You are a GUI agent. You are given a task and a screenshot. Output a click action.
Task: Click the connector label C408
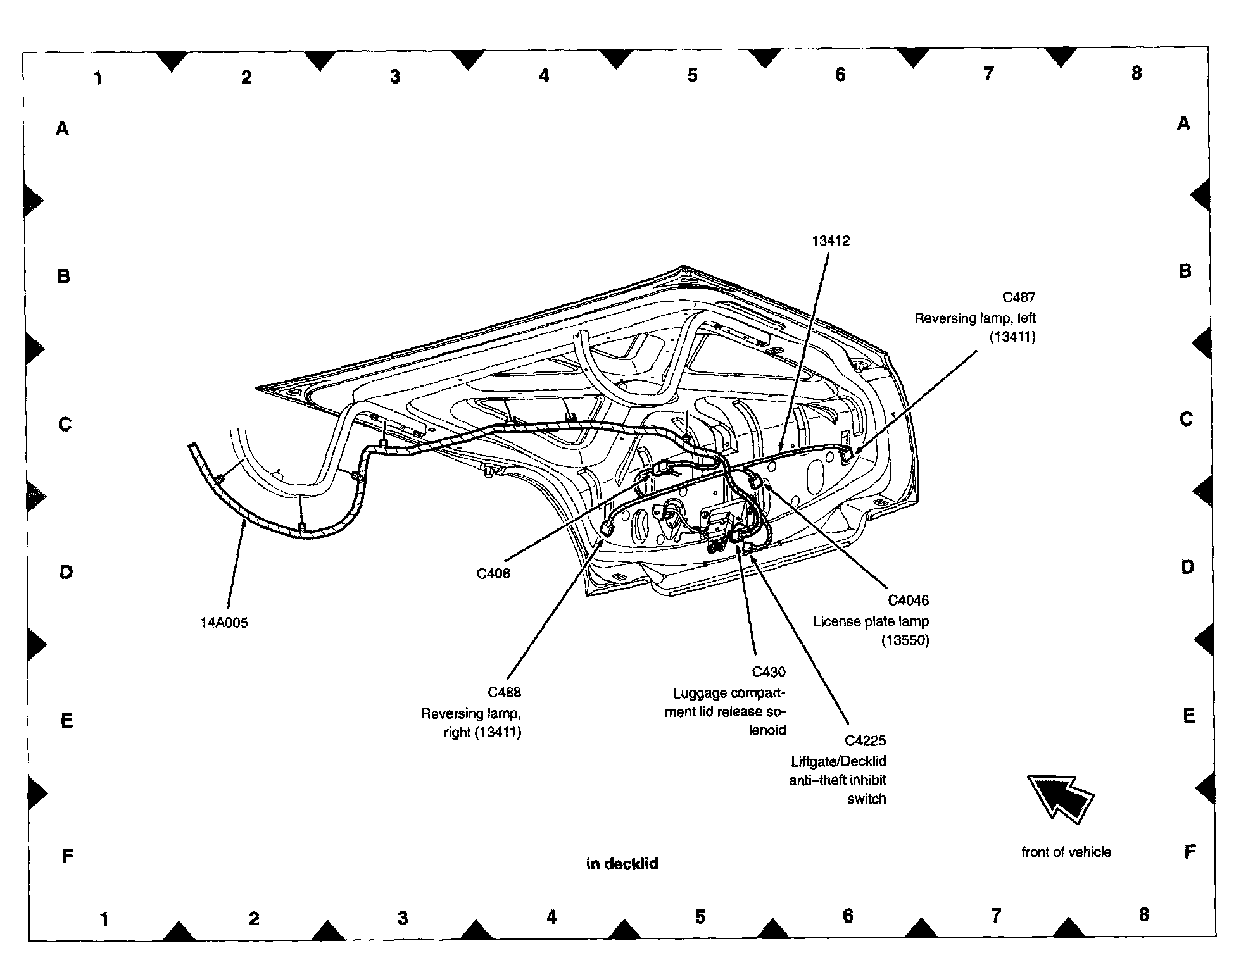493,574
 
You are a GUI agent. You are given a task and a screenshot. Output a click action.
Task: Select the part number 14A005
224,623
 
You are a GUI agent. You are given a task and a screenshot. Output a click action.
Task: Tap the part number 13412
831,240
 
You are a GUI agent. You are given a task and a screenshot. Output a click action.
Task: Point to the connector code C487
1019,297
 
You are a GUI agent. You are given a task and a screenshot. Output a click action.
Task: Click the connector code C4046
908,601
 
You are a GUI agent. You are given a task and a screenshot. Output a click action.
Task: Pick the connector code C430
768,672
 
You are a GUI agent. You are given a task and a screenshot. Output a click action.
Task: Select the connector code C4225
865,740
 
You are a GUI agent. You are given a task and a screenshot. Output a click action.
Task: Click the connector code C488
504,692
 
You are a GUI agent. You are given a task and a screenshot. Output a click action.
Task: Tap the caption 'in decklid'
622,864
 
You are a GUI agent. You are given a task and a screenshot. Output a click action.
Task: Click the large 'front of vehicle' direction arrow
1061,798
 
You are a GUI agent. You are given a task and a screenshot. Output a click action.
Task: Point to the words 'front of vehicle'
1066,852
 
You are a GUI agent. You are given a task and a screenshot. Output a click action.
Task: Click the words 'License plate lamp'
871,621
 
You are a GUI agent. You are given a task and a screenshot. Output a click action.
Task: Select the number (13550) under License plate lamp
905,640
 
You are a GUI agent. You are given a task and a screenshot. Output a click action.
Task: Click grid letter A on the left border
62,129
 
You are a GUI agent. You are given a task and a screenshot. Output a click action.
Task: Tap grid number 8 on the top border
1137,73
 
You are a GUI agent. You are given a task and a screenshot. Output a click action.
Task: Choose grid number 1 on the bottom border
104,919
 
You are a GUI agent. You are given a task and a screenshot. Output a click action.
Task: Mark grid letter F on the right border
1190,852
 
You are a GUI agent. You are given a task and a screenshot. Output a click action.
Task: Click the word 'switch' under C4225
866,799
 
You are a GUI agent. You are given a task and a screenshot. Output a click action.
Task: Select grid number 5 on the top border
692,76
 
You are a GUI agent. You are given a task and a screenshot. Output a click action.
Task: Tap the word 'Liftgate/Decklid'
838,761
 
